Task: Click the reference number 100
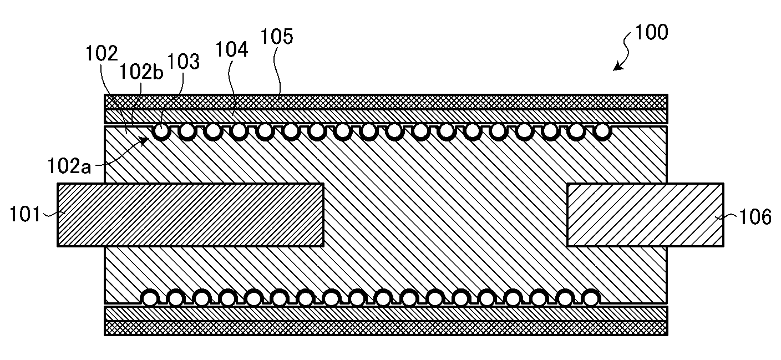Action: tap(651, 32)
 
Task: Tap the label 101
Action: tap(24, 214)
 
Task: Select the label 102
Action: tap(102, 54)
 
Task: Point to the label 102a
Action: tap(69, 166)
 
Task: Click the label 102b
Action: tap(141, 73)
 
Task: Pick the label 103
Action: tap(184, 62)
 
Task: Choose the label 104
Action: tap(232, 49)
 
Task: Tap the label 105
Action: tap(277, 37)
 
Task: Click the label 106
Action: tap(755, 217)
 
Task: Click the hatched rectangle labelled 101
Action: tap(190, 215)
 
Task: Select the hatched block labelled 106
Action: tap(645, 215)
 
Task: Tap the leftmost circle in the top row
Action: tap(161, 131)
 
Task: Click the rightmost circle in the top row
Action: tap(602, 131)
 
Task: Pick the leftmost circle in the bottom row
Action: tap(150, 298)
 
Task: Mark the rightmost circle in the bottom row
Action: tap(591, 298)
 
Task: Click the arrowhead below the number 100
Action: tap(618, 66)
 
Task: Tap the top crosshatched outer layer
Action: tap(386, 102)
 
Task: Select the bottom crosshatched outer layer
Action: tap(386, 328)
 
